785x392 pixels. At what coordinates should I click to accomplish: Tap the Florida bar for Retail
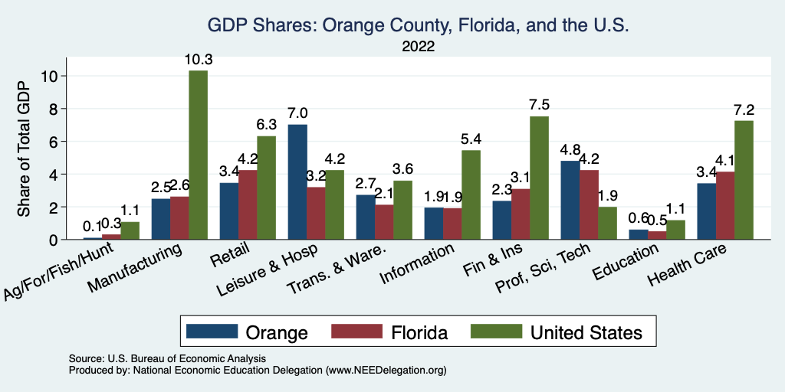[x=248, y=204]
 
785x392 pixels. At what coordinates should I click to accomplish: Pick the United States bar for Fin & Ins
[x=539, y=178]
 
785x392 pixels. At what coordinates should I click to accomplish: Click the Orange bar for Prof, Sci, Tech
[x=570, y=200]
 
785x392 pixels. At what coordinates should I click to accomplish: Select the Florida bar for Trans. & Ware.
[x=384, y=222]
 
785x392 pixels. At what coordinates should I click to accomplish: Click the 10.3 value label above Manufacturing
[x=198, y=59]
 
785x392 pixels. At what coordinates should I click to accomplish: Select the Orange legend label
[x=277, y=332]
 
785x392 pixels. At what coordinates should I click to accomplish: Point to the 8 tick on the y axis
[x=52, y=108]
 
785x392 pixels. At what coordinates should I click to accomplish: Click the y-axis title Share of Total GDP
[x=25, y=149]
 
